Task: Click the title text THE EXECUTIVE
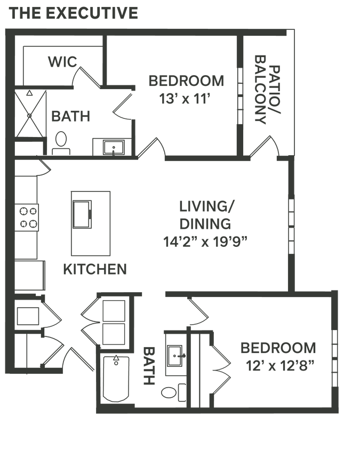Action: point(74,14)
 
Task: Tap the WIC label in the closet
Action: point(62,62)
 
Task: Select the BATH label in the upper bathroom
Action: point(70,116)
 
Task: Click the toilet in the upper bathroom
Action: point(61,141)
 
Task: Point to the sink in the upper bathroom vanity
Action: point(113,147)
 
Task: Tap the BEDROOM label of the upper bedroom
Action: point(186,81)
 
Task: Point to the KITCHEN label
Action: point(95,270)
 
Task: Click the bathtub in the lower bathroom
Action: point(115,381)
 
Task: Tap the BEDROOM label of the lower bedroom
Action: point(277,348)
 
